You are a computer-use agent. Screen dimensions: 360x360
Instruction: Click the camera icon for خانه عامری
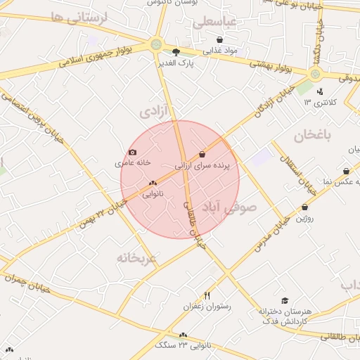click(x=132, y=153)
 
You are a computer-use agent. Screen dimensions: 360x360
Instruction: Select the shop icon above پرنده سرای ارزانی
click(x=202, y=154)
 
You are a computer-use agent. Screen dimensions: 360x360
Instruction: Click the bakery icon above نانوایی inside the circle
click(x=153, y=183)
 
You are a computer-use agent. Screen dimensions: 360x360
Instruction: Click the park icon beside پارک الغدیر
click(x=176, y=51)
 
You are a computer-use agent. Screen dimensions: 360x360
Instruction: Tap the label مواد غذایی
click(x=221, y=51)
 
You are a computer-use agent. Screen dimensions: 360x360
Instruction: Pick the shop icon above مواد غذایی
click(x=220, y=40)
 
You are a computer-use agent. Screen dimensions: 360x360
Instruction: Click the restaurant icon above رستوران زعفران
click(x=207, y=295)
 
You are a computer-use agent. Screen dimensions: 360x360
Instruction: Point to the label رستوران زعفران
click(x=207, y=307)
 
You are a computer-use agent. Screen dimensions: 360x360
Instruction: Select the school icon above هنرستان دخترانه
click(x=284, y=300)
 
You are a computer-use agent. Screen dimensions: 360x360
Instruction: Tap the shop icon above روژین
click(x=304, y=207)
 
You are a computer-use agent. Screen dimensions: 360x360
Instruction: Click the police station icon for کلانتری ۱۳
click(x=320, y=91)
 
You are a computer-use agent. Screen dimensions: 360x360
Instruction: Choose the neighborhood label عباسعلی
click(x=217, y=22)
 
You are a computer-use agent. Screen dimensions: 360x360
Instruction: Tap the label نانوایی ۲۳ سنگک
click(x=182, y=345)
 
